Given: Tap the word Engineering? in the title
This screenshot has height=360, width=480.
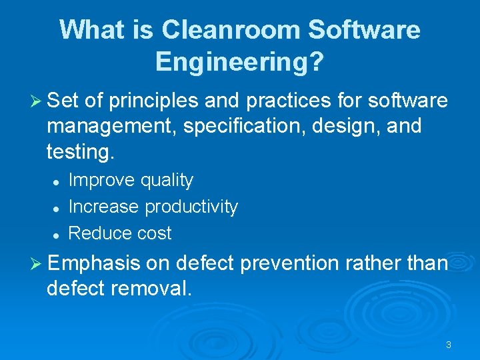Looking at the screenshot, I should click(x=239, y=62).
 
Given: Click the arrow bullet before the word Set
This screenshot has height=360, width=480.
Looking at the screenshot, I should click(x=37, y=102).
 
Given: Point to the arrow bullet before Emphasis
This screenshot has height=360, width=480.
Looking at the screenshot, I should click(x=37, y=264).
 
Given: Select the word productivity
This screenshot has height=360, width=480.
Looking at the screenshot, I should click(x=191, y=207).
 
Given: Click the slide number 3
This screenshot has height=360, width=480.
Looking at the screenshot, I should click(x=448, y=345).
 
